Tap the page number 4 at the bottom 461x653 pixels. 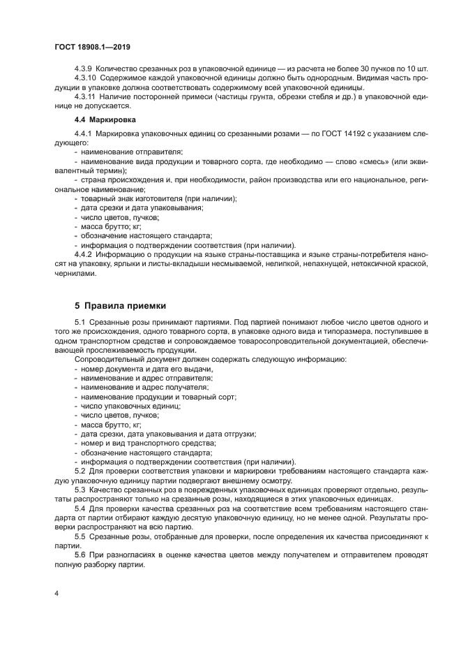[57, 593]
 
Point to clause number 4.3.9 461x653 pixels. [83, 69]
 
